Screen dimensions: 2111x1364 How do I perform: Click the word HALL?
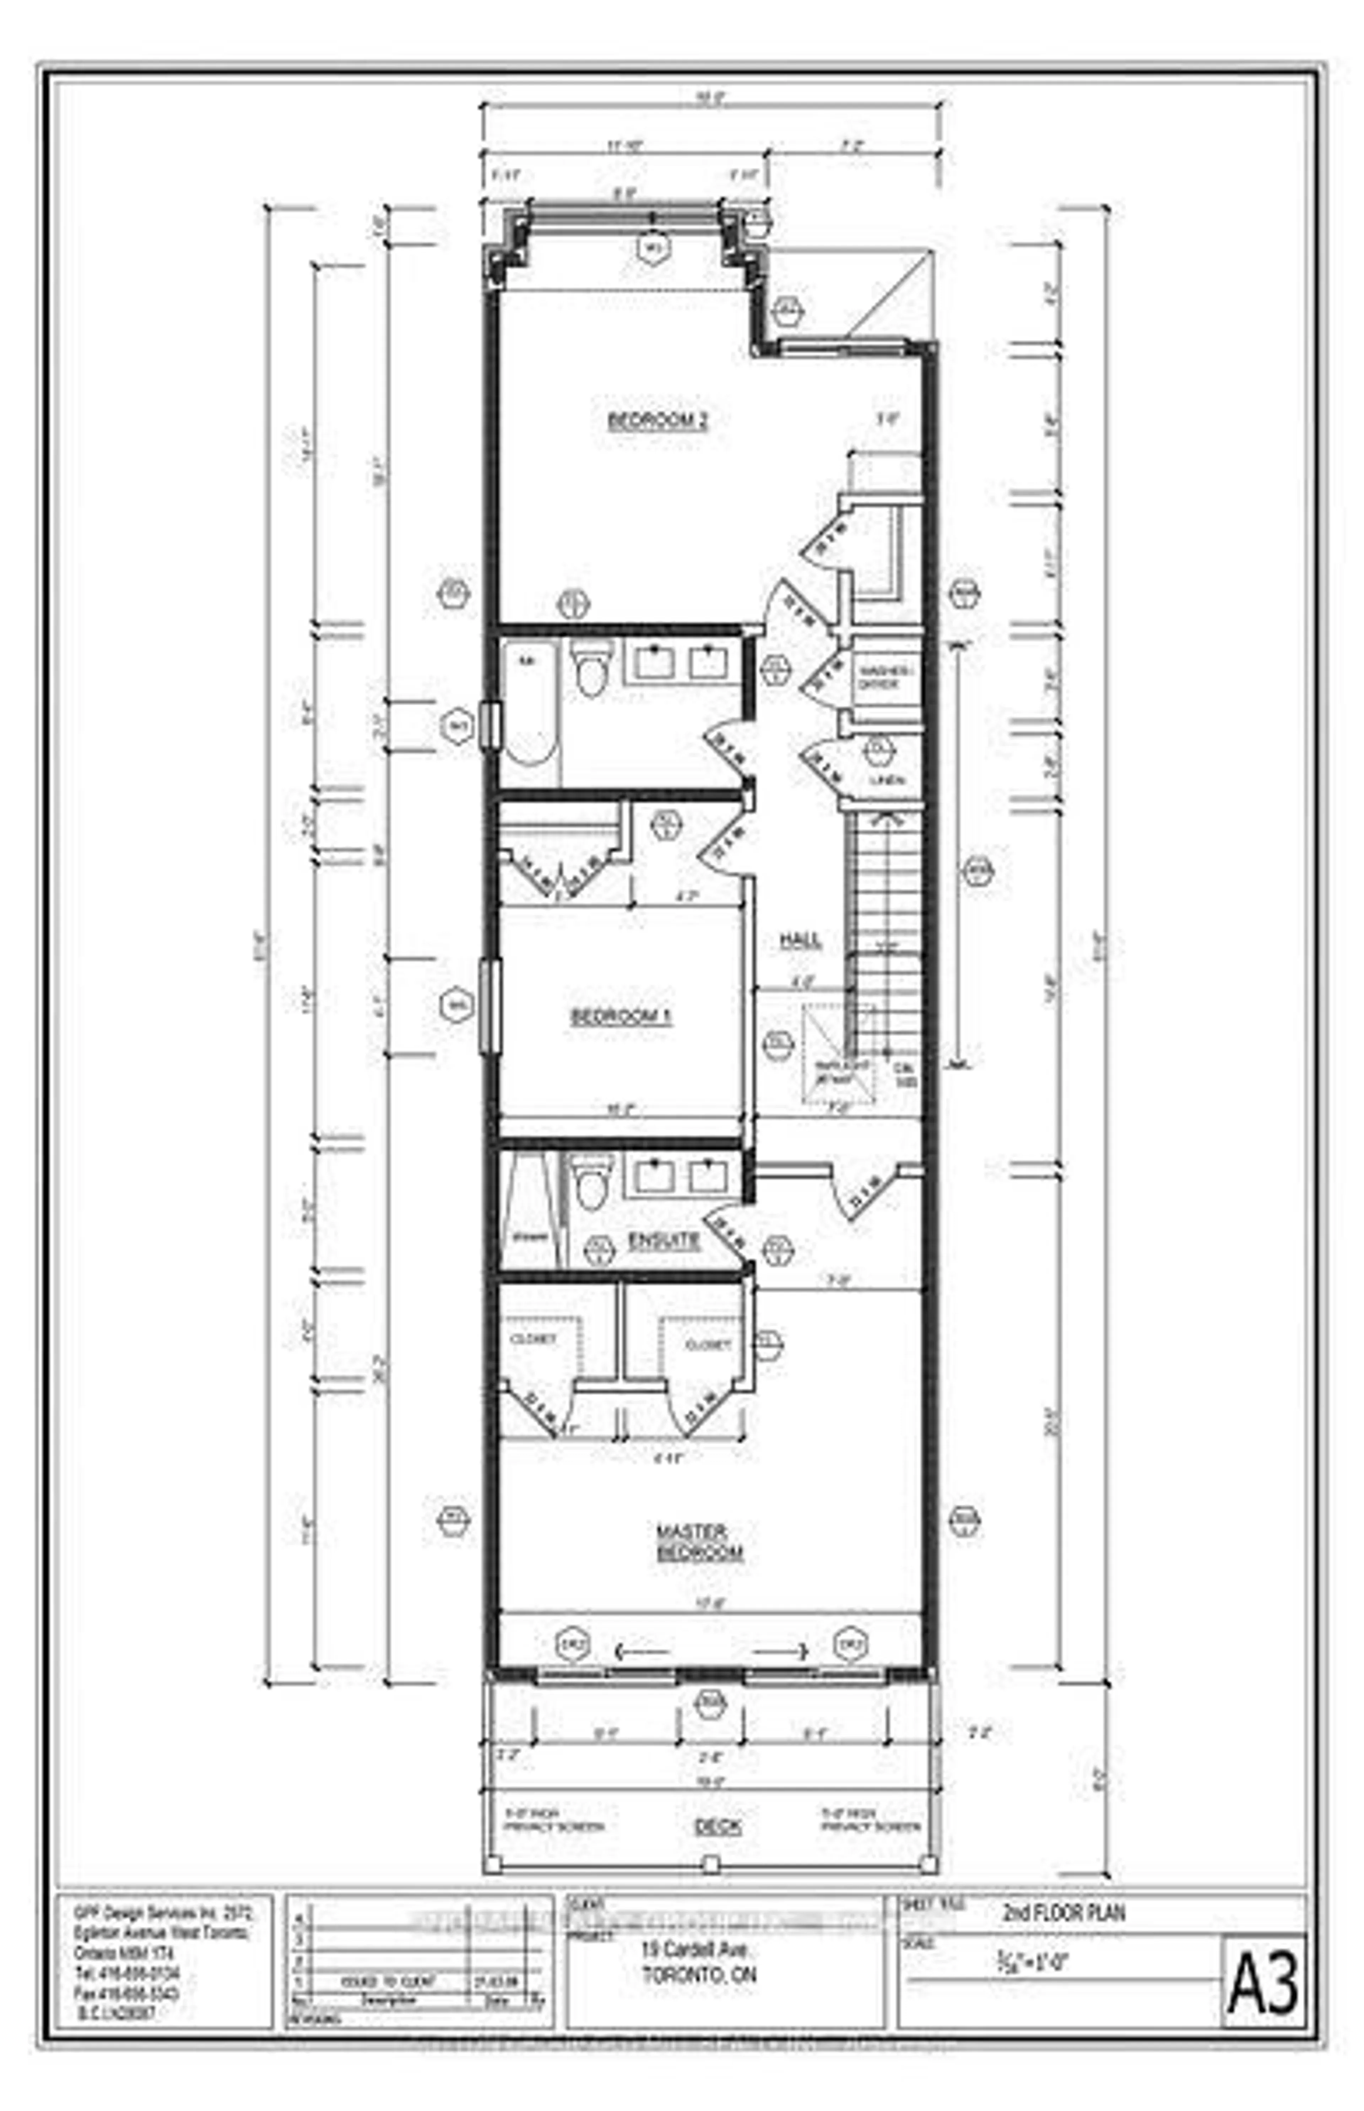click(x=800, y=941)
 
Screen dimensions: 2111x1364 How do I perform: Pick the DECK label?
click(x=718, y=1826)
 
